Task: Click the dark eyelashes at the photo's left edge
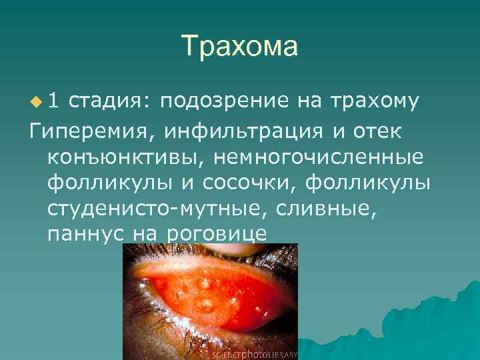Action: [131, 313]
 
